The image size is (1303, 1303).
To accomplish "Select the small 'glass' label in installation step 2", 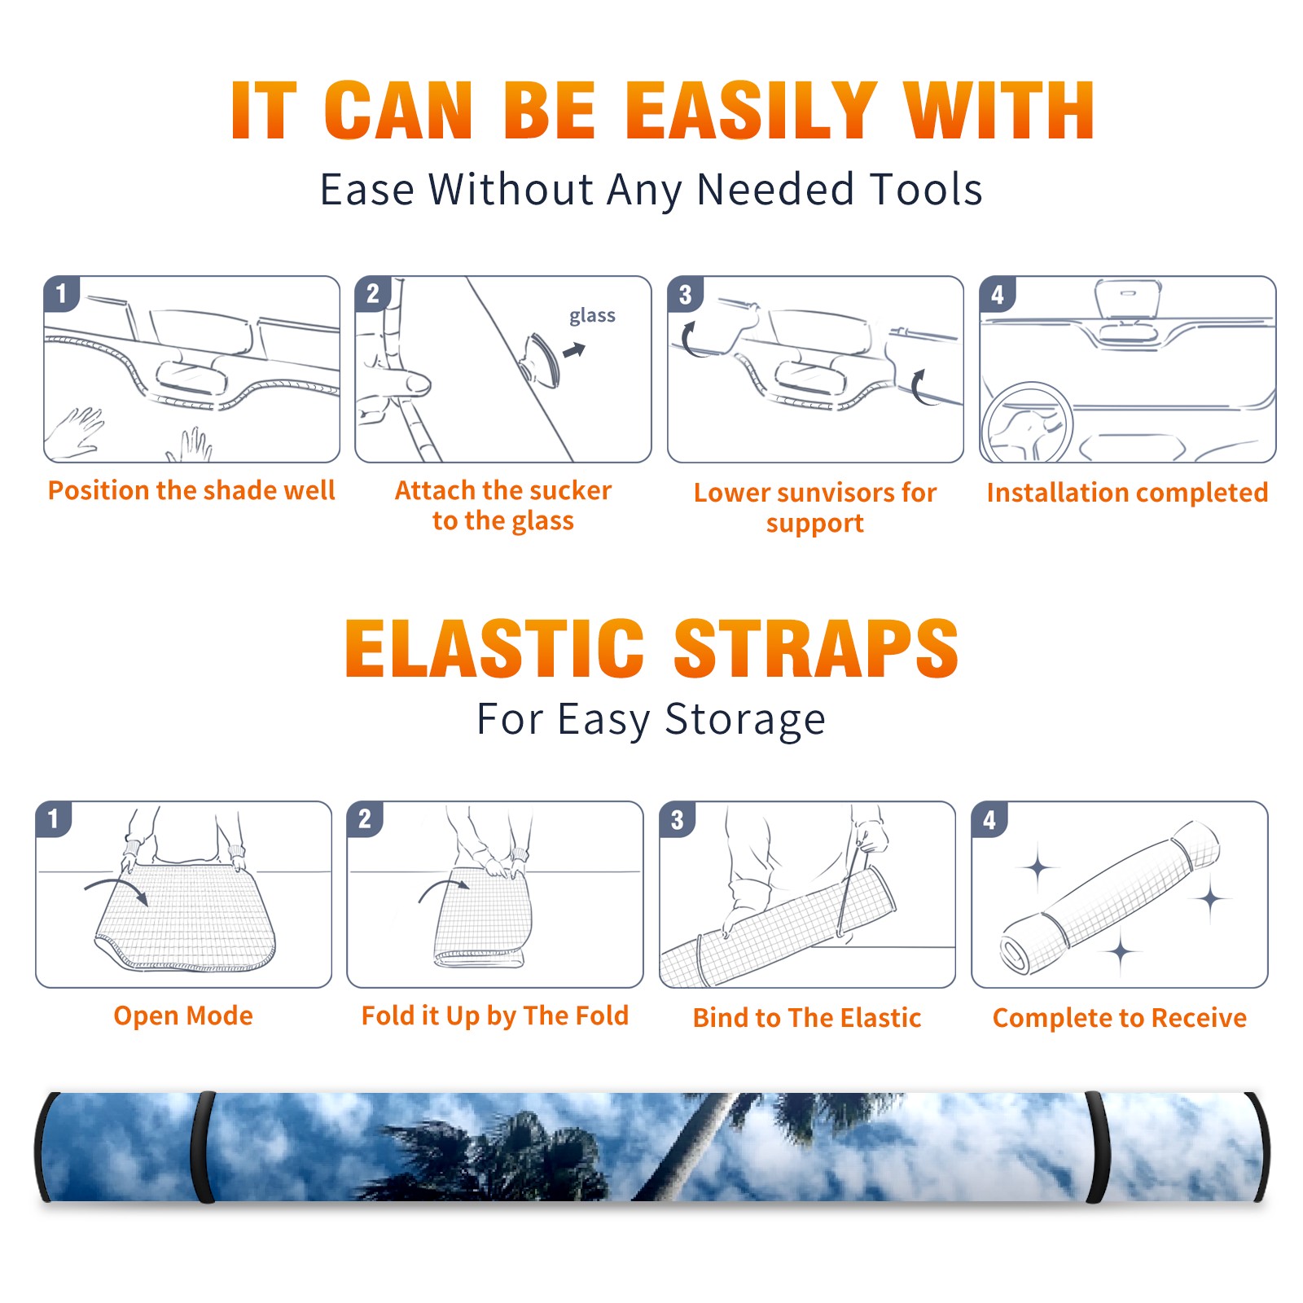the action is tap(592, 316).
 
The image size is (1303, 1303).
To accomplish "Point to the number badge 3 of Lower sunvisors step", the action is tap(685, 294).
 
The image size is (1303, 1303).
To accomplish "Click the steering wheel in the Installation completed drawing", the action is tap(1027, 423).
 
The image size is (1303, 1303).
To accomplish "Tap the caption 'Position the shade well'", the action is tap(191, 490).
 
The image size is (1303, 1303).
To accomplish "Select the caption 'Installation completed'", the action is tap(1127, 492).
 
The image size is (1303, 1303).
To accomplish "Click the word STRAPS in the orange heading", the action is tap(816, 648).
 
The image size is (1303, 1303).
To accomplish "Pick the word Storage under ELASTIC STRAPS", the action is tap(744, 720).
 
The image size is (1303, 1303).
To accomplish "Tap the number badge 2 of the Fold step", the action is tap(365, 819).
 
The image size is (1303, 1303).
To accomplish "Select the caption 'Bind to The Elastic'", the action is tap(806, 1018).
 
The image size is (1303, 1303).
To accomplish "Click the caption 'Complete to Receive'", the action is tap(1119, 1018).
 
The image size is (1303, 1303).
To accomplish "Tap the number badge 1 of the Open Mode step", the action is tap(54, 819).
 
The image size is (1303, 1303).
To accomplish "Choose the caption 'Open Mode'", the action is tap(183, 1016).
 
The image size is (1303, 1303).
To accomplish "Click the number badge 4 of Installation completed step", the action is tap(998, 294).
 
